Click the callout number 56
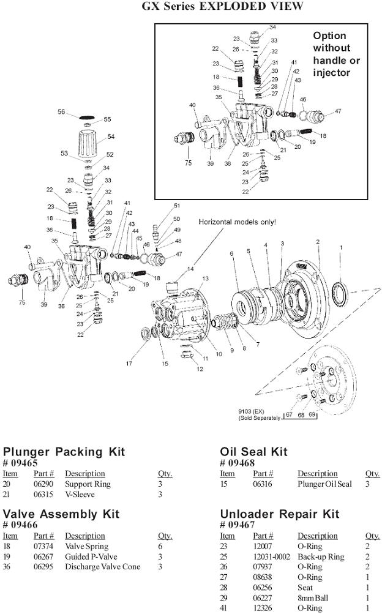pyautogui.click(x=61, y=111)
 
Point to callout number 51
pyautogui.click(x=177, y=206)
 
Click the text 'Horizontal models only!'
pyautogui.click(x=237, y=222)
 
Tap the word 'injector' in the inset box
pyautogui.click(x=332, y=72)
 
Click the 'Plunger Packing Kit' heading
pyautogui.click(x=64, y=452)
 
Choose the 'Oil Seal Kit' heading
pyautogui.click(x=253, y=452)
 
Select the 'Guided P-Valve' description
pyautogui.click(x=91, y=556)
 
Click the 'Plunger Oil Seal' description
pyautogui.click(x=324, y=484)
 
